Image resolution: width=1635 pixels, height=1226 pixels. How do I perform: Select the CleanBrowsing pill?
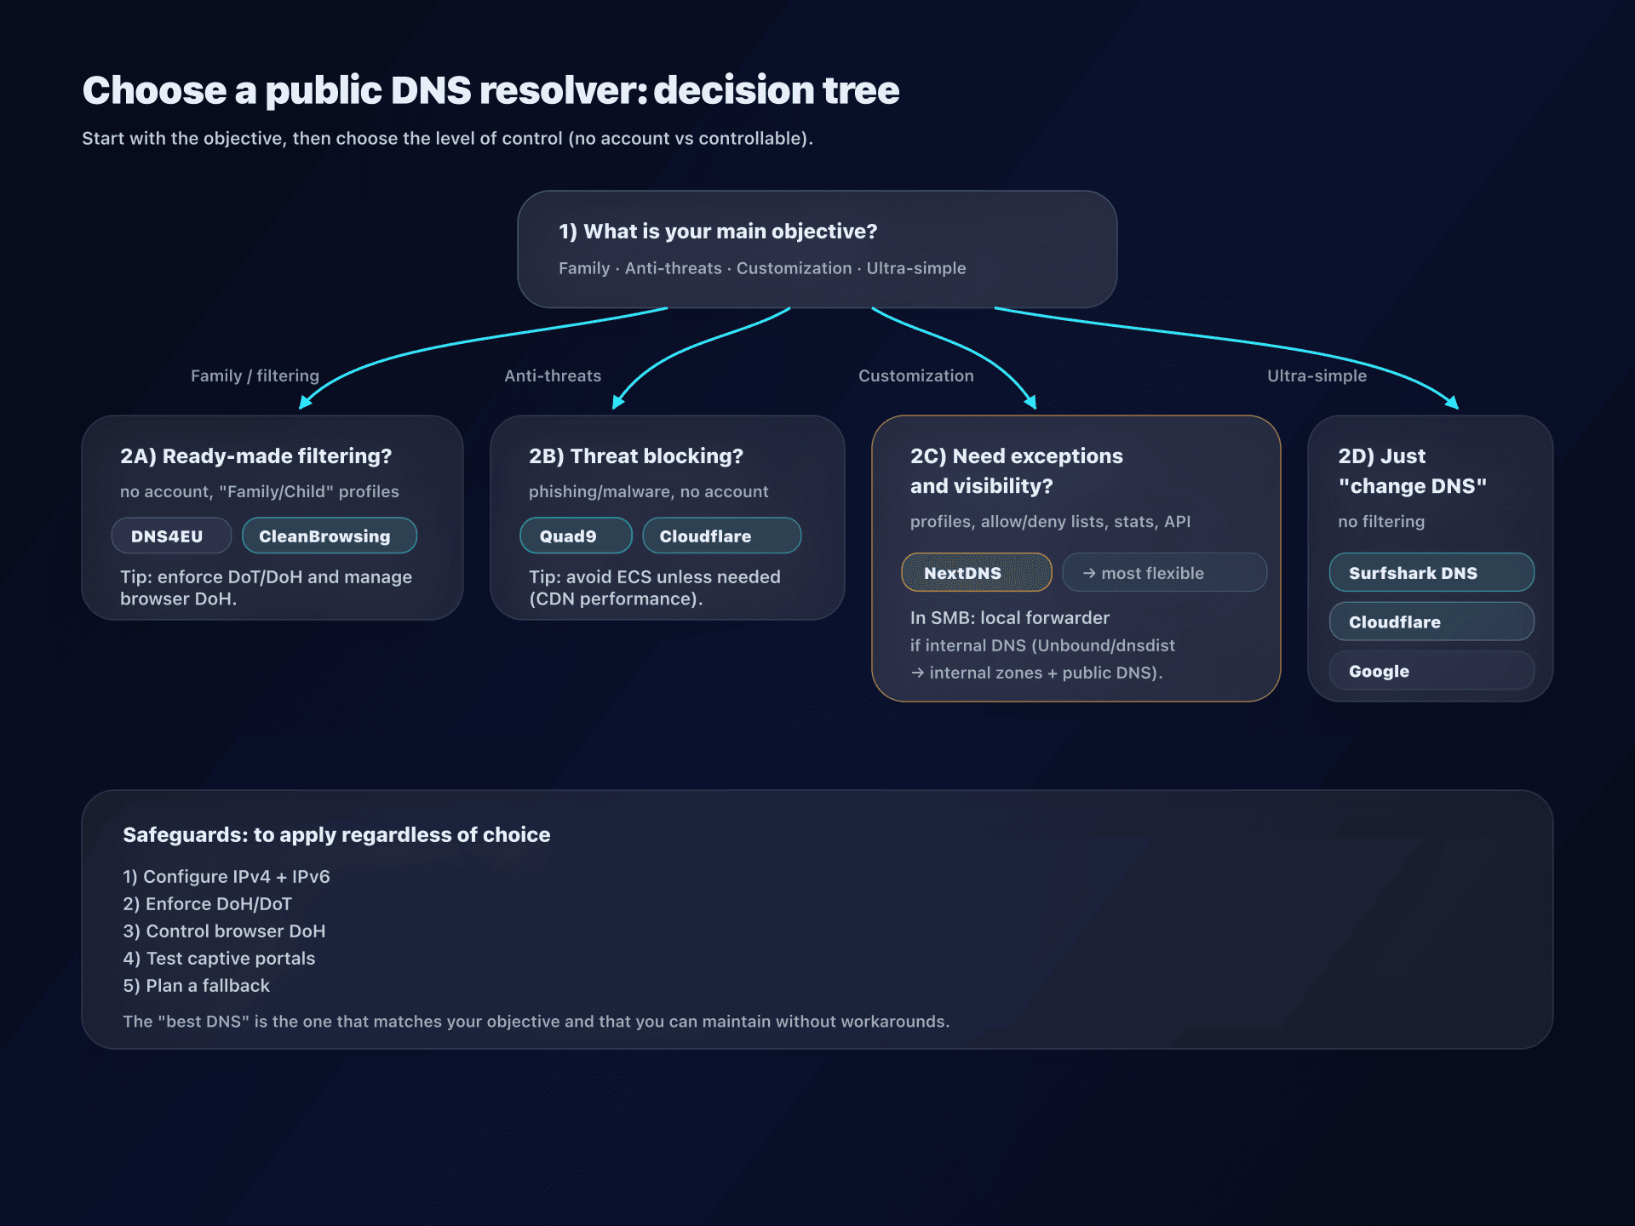329,536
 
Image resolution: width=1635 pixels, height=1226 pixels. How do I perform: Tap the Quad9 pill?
576,536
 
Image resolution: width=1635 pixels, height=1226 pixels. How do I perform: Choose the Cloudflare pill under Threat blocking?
721,536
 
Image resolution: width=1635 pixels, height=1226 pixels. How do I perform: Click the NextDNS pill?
976,573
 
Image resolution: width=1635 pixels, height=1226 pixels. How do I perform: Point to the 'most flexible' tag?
1164,573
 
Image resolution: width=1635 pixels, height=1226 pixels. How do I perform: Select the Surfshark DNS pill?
1431,573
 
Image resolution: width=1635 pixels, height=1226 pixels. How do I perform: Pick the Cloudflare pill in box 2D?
1431,622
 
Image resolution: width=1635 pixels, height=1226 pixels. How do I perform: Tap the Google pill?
1431,672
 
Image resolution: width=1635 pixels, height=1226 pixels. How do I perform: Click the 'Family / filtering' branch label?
255,375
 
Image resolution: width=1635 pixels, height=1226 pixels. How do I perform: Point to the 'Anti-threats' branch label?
553,375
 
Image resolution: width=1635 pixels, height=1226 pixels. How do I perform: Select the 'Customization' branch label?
915,375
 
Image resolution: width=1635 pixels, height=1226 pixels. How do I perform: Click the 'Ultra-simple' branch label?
1317,375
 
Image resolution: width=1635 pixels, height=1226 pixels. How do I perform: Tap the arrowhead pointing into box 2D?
1453,404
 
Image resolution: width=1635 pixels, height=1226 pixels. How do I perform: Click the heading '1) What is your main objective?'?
717,232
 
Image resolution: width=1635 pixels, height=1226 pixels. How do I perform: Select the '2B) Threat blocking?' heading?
635,456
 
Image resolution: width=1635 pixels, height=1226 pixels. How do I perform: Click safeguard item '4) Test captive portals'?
219,959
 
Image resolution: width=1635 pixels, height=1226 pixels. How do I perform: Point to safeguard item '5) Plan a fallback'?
196,986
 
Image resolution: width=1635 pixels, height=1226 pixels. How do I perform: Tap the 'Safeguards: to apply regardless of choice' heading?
336,835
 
